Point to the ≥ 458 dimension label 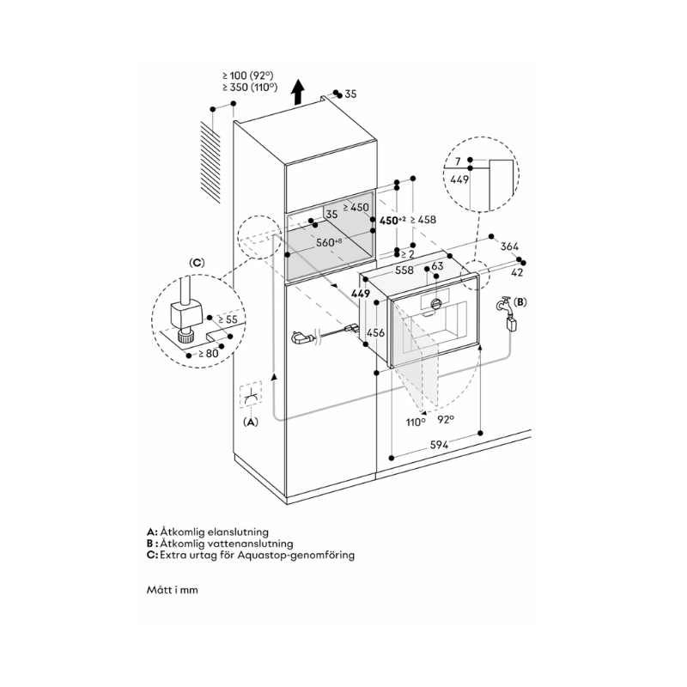click(423, 220)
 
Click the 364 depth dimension click(510, 246)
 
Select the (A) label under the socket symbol click(251, 422)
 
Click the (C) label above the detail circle click(197, 261)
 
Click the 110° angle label click(416, 422)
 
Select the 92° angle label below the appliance click(446, 422)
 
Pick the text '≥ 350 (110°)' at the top click(248, 88)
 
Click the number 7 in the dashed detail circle click(459, 161)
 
